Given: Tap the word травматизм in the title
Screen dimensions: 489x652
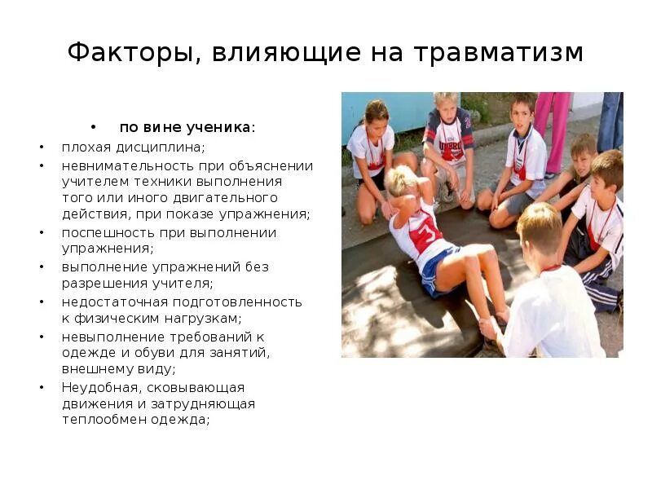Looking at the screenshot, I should coord(499,53).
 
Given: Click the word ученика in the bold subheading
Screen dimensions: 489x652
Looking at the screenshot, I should coord(222,127).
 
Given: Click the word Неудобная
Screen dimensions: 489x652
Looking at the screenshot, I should coord(96,387).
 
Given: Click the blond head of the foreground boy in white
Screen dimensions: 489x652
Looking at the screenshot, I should coord(540,229).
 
